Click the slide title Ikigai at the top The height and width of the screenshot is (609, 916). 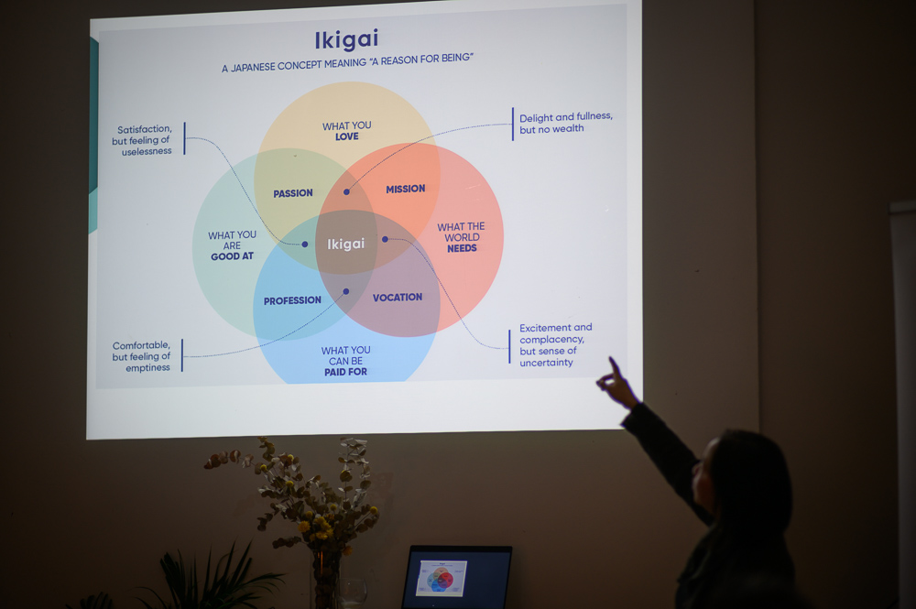[x=346, y=39]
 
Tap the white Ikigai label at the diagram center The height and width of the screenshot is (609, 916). [x=346, y=244]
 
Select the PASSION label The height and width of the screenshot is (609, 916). [x=293, y=193]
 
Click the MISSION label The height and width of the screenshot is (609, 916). [x=406, y=189]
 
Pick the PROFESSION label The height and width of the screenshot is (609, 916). [x=292, y=300]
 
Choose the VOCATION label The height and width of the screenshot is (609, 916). [x=398, y=298]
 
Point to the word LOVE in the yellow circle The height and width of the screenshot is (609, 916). [x=347, y=136]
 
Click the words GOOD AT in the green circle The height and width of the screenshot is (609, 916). [x=232, y=256]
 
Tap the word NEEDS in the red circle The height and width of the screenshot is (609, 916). [x=462, y=248]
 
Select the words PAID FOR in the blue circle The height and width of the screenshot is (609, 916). [x=346, y=372]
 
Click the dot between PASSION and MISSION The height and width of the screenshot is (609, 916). [x=346, y=191]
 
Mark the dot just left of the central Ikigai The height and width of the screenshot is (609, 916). [x=305, y=245]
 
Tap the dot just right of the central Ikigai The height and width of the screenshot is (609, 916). [x=385, y=239]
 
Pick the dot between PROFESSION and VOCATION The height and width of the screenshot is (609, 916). [x=346, y=291]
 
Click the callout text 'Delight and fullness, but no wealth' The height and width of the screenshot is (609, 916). [x=566, y=123]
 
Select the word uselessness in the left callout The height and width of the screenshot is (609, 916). [x=147, y=151]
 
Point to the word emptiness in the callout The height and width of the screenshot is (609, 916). [x=147, y=368]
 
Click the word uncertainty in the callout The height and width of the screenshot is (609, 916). [x=546, y=363]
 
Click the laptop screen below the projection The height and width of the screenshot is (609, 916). [x=457, y=578]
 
